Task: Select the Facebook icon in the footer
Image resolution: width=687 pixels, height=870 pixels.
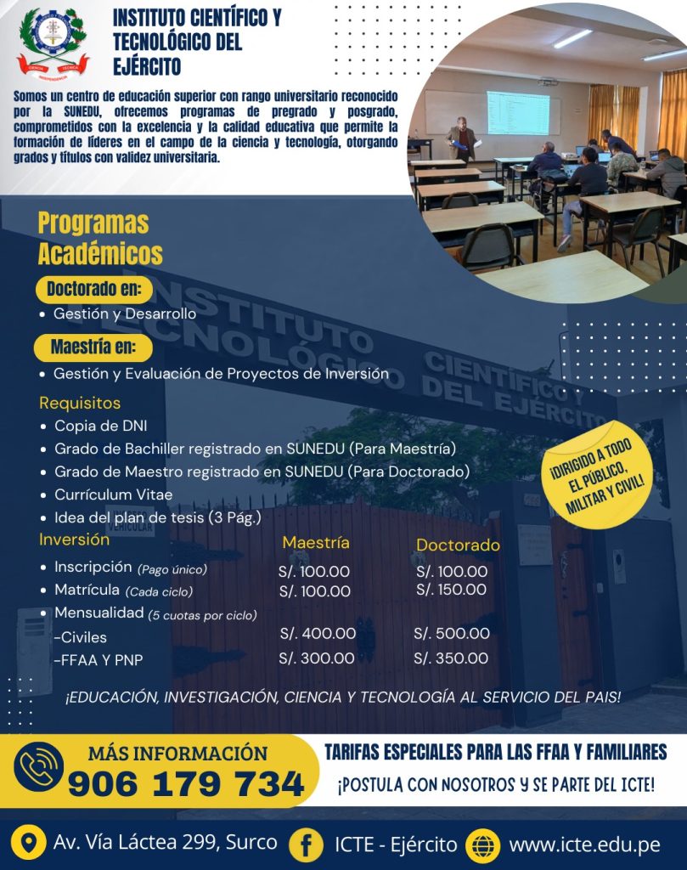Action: click(305, 845)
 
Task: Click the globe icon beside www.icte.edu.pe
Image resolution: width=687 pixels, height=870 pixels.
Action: click(483, 845)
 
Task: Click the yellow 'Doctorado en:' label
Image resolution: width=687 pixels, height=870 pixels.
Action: click(93, 289)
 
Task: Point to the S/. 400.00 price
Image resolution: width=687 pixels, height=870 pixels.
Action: click(318, 633)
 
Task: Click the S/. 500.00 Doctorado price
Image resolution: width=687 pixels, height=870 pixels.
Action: click(452, 633)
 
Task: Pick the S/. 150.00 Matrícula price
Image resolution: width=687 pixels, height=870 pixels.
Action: click(452, 590)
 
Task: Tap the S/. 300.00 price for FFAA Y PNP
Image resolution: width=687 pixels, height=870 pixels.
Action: click(317, 658)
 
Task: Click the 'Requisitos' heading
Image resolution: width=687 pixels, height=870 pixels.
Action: click(80, 403)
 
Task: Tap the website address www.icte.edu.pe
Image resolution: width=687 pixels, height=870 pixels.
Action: click(584, 845)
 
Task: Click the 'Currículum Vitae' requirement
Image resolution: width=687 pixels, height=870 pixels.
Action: click(113, 494)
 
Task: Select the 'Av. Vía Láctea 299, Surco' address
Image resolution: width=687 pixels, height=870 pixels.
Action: click(165, 843)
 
